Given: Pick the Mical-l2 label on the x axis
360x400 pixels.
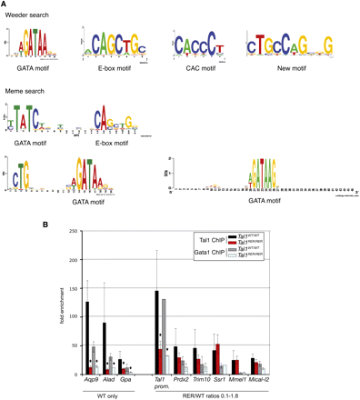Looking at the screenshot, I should click(259, 382).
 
